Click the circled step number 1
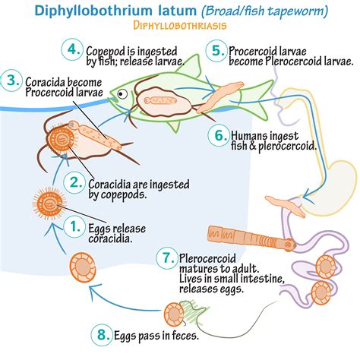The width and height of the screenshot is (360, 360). (74, 226)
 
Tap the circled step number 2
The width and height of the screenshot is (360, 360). (74, 182)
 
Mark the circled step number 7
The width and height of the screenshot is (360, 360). (164, 258)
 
